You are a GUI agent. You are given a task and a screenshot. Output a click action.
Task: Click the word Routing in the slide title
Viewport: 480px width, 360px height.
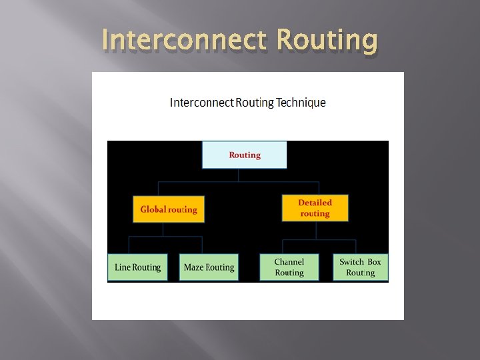327,41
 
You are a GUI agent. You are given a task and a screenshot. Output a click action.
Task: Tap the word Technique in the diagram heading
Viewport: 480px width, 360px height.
301,103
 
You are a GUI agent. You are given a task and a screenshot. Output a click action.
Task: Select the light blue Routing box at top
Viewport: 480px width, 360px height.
245,155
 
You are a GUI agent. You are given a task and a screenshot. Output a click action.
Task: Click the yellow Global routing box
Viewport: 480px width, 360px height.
169,209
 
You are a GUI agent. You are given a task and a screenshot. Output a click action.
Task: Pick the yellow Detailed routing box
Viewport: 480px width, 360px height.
315,208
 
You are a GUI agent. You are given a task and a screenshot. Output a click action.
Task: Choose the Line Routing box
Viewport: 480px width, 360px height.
137,267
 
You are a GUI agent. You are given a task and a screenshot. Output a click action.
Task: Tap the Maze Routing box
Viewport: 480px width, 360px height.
209,267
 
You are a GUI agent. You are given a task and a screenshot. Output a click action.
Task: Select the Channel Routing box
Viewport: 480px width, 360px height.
289,267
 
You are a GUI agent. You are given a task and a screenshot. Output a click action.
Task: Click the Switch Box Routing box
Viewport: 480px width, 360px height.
361,267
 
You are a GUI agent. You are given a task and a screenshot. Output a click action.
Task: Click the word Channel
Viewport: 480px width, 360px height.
289,262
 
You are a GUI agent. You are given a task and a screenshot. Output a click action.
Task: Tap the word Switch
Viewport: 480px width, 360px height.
351,262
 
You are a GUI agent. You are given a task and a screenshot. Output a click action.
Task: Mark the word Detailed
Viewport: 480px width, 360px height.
315,203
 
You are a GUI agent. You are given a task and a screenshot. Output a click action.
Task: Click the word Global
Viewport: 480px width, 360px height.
153,209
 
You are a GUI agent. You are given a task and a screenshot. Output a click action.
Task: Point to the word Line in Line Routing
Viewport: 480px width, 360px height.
123,267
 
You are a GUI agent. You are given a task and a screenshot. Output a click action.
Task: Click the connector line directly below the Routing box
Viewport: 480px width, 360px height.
238,175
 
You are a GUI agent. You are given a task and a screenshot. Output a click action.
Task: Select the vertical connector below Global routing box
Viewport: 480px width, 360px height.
163,230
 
